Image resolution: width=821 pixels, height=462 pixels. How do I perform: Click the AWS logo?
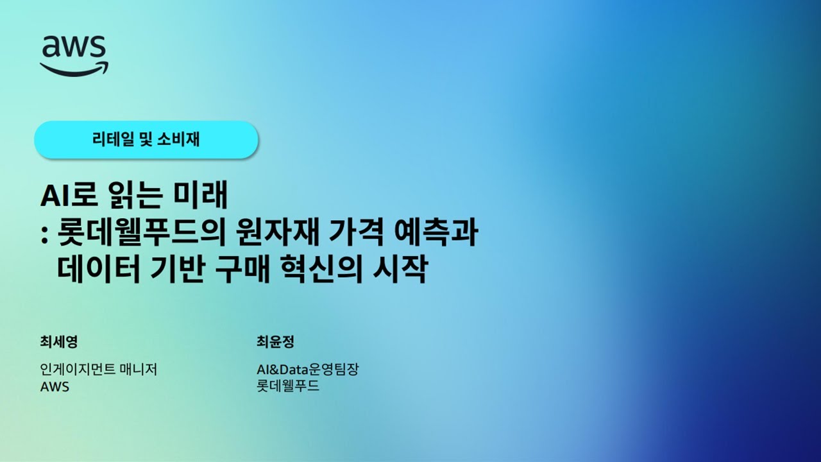[x=74, y=55]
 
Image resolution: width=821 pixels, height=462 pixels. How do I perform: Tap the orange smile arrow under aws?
[x=74, y=68]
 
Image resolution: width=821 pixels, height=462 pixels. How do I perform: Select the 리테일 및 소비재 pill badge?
[x=146, y=139]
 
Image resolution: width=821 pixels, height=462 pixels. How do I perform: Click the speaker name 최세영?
[x=58, y=342]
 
